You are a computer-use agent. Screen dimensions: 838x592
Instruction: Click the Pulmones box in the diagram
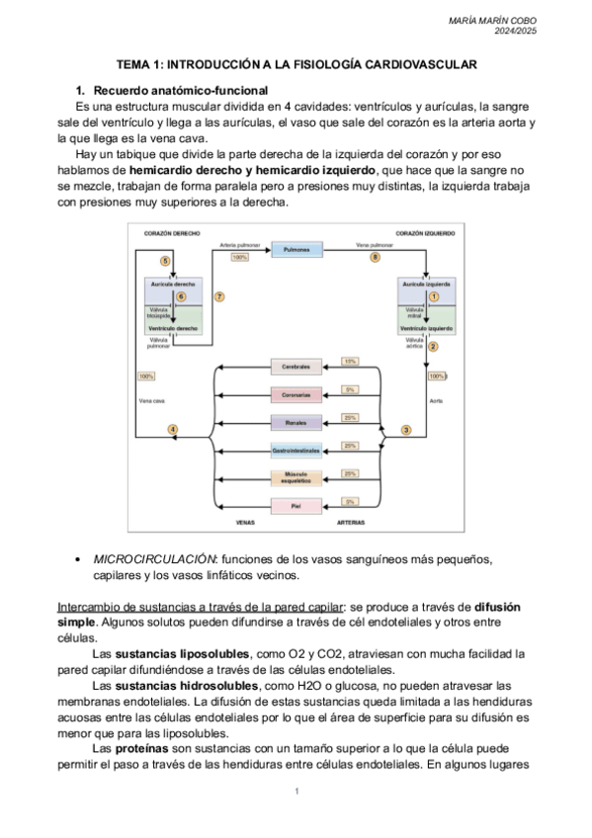point(296,251)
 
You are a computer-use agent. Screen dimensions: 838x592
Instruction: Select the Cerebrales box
point(296,367)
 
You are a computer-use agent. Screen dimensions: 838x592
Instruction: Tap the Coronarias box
point(296,394)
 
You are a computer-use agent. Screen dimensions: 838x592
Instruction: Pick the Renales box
point(296,422)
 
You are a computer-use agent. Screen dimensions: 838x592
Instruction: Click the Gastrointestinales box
point(296,451)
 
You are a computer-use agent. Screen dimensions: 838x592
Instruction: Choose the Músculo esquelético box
point(296,478)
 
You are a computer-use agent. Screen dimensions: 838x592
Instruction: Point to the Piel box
point(296,506)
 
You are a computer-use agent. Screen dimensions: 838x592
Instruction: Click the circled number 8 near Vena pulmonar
point(375,257)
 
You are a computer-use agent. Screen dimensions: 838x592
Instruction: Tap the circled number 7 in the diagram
point(218,296)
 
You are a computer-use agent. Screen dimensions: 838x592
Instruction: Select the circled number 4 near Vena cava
point(173,430)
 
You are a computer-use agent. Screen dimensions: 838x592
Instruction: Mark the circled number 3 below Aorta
point(405,430)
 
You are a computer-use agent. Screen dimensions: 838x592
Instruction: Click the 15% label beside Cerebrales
point(350,362)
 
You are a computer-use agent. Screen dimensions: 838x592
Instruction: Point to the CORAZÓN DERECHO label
point(164,233)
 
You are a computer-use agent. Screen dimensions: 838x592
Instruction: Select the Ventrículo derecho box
point(173,327)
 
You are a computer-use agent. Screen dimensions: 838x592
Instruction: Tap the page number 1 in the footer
point(296,793)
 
